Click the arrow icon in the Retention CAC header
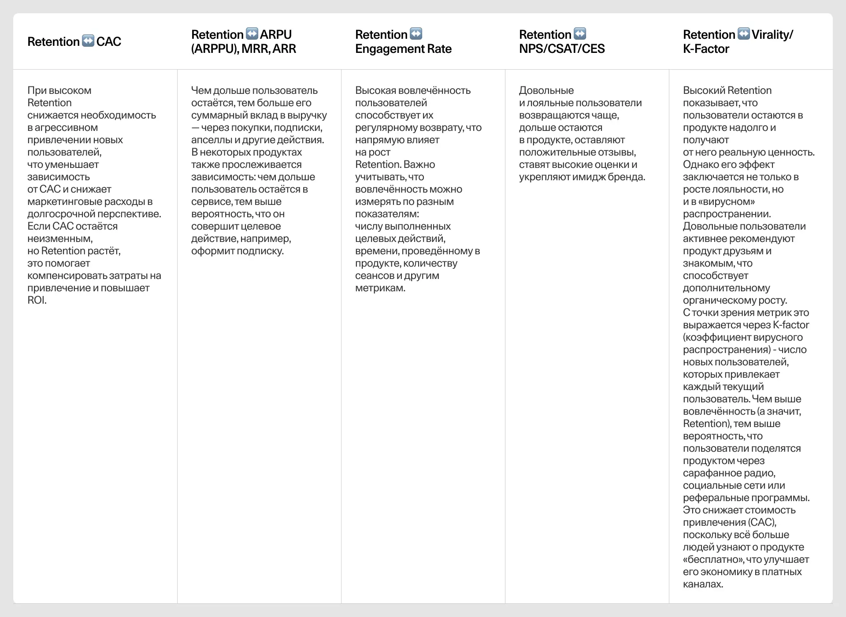88,41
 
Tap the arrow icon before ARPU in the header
252,33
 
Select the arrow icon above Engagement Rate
416,33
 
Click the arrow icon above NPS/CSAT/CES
580,33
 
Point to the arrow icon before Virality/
744,33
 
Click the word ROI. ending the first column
37,300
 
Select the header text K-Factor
706,49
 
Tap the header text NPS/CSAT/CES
562,49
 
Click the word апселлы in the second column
210,140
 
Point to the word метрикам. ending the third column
380,288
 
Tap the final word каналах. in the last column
703,584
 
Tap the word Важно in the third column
419,164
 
